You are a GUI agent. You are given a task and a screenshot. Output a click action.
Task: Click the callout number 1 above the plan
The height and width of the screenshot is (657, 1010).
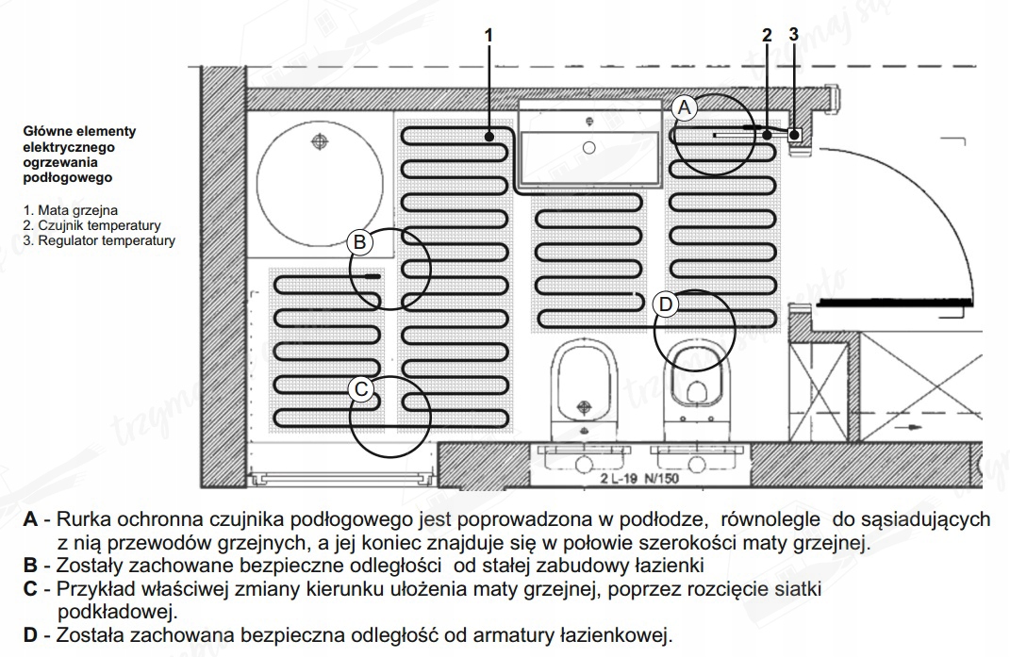click(488, 35)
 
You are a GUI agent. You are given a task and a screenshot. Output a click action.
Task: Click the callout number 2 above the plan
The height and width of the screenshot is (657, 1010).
click(767, 35)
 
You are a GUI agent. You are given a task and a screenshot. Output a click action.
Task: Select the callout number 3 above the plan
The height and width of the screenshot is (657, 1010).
click(793, 35)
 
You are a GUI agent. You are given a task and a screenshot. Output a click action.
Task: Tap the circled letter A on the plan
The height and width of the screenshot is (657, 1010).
click(686, 108)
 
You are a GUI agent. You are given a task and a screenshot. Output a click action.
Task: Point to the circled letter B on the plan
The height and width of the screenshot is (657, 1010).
click(360, 242)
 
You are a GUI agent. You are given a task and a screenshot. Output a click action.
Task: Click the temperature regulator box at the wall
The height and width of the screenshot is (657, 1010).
click(795, 135)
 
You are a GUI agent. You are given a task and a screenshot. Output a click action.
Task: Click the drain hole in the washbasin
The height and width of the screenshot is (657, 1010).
click(589, 147)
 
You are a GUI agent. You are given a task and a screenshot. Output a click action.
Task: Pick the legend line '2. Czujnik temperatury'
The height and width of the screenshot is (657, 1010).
click(92, 225)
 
